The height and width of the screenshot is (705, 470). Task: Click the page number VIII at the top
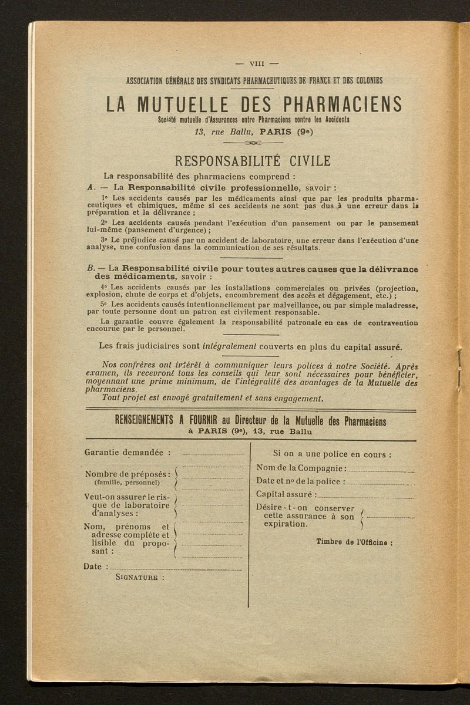point(257,64)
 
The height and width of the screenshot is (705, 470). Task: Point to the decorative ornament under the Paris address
point(253,143)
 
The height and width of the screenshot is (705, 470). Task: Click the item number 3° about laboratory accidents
point(105,240)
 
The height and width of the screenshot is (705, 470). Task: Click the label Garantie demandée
point(127,453)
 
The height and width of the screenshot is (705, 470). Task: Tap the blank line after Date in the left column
point(176,569)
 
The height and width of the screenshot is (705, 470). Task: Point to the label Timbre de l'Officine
point(354,542)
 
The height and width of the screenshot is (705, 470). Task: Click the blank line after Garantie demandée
point(213,455)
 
